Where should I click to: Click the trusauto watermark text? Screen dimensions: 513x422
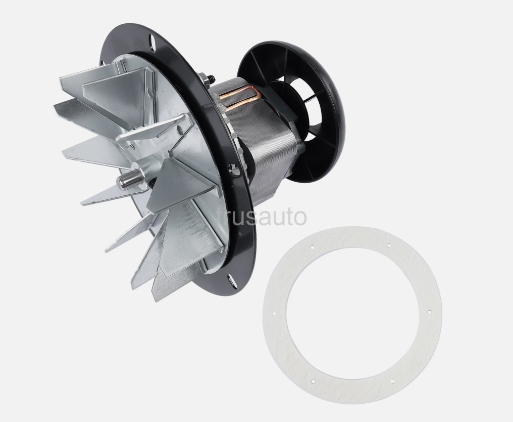[x=262, y=217]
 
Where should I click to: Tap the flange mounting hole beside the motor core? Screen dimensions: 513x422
[x=233, y=170]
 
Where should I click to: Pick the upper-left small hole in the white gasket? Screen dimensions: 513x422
[x=312, y=247]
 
